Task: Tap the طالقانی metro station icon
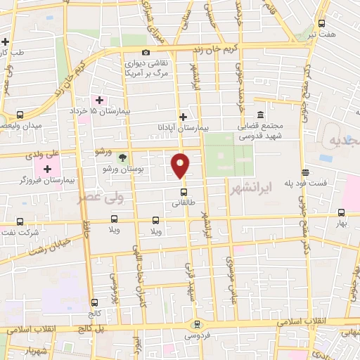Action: pos(184,191)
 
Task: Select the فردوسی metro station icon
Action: pos(197,324)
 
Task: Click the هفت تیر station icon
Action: pos(321,22)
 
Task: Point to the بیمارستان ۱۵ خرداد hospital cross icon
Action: pos(99,100)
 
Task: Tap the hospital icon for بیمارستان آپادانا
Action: pos(184,117)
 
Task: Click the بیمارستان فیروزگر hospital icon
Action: pos(47,169)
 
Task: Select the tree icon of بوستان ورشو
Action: pos(123,157)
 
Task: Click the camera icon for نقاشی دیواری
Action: pos(146,53)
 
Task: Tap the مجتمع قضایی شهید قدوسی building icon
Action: pos(260,115)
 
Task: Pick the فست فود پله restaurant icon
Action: pos(304,172)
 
